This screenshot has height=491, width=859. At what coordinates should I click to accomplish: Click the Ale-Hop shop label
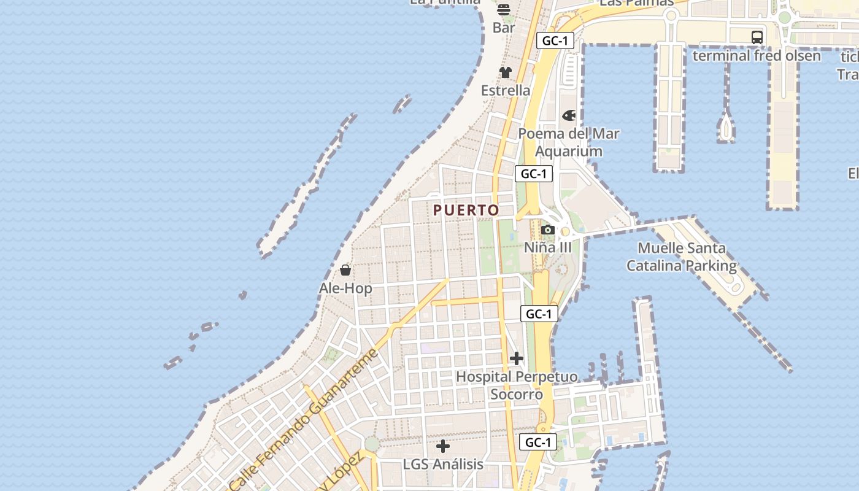pyautogui.click(x=345, y=288)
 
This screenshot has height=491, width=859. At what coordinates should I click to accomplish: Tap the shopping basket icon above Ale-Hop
pyautogui.click(x=345, y=270)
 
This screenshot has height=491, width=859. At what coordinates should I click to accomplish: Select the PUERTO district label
pyautogui.click(x=466, y=210)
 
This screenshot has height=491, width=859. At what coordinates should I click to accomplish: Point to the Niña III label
pyautogui.click(x=548, y=247)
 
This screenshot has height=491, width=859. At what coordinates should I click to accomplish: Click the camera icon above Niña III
pyautogui.click(x=548, y=230)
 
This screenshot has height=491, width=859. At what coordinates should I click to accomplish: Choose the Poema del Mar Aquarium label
pyautogui.click(x=569, y=142)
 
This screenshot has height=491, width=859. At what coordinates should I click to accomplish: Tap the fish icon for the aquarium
pyautogui.click(x=569, y=115)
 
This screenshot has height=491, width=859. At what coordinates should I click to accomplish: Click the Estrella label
pyautogui.click(x=506, y=90)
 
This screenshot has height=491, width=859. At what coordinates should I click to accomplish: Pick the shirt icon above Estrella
pyautogui.click(x=506, y=72)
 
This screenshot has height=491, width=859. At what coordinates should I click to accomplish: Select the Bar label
pyautogui.click(x=504, y=28)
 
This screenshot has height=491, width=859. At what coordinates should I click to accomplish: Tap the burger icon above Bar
pyautogui.click(x=504, y=10)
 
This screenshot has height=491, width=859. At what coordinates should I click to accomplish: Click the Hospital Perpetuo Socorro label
pyautogui.click(x=517, y=385)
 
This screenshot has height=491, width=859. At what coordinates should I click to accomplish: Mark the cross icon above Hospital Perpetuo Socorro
pyautogui.click(x=517, y=358)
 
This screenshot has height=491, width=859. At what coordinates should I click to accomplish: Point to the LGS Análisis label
pyautogui.click(x=443, y=464)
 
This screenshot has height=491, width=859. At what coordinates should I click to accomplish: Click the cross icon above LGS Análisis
pyautogui.click(x=443, y=446)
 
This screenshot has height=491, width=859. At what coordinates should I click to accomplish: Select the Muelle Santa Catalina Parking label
pyautogui.click(x=682, y=257)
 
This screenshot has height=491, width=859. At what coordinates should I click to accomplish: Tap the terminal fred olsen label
pyautogui.click(x=757, y=56)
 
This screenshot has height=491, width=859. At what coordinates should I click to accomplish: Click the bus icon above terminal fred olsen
pyautogui.click(x=757, y=37)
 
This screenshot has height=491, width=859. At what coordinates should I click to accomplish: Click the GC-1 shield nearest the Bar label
pyautogui.click(x=555, y=41)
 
